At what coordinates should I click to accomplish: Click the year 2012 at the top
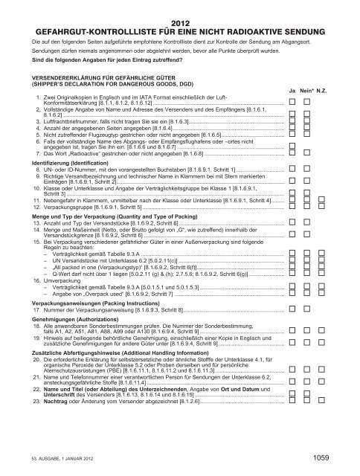(181, 24)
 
